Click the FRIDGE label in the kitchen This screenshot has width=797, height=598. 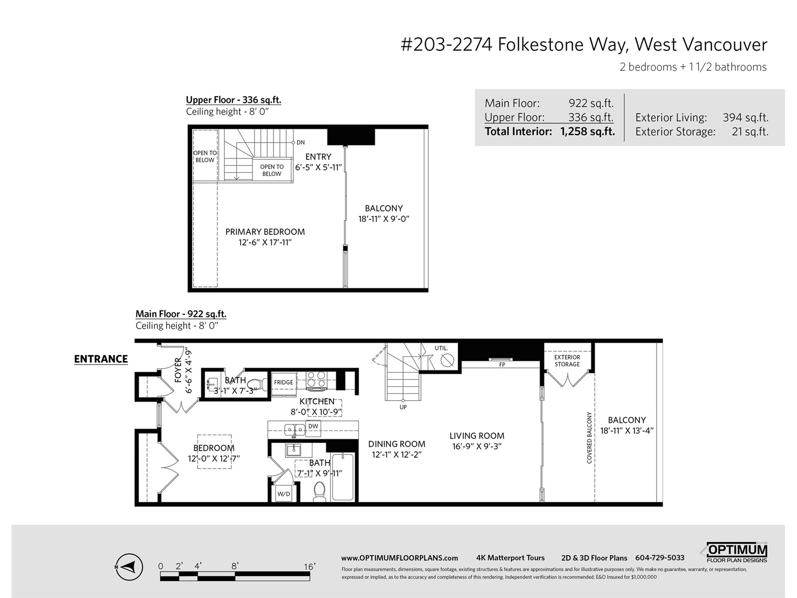coord(283,382)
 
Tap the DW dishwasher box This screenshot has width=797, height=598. coord(313,429)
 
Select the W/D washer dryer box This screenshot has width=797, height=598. coord(283,493)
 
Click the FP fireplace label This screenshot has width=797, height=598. coord(502,365)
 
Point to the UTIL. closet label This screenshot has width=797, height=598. coord(441,348)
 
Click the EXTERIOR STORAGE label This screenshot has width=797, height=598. coord(567,361)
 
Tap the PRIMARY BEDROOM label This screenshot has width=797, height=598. coord(265,232)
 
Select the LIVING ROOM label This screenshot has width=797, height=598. coord(477,436)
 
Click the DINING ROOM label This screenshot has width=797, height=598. coord(397,444)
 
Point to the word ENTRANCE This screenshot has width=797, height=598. coord(101,359)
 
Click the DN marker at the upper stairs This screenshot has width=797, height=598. coord(301,143)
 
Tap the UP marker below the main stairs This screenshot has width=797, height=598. coord(403,407)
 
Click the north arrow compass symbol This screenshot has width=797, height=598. coord(129,567)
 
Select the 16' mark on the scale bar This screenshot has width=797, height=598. coord(310,567)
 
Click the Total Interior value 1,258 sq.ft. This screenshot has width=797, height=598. coord(587,132)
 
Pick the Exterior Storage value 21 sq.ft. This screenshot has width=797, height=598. coord(750,132)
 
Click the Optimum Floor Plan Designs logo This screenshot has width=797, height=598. coord(737,553)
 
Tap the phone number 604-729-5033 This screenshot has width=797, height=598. coord(660,558)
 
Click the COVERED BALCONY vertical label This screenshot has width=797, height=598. coord(589,438)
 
